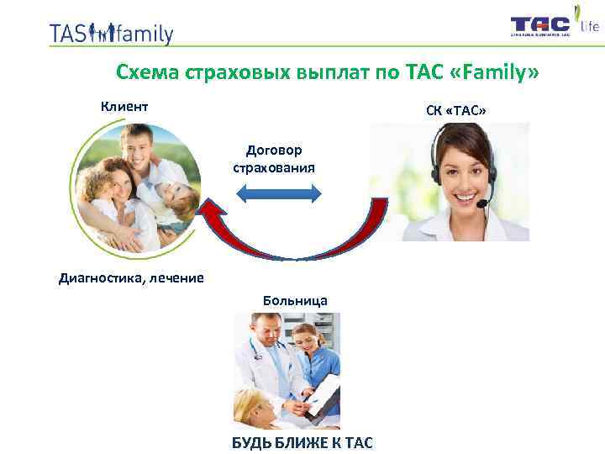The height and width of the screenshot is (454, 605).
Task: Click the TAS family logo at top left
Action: click(x=111, y=33)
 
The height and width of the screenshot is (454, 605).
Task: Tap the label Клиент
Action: click(x=124, y=107)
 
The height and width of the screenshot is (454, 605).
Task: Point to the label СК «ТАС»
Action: click(x=456, y=112)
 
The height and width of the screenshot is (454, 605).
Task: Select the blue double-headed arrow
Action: click(x=278, y=194)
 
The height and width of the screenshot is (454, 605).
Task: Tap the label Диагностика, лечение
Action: click(x=131, y=278)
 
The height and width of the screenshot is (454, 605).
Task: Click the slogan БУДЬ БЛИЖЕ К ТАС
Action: click(x=302, y=442)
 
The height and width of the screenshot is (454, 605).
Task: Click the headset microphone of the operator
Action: click(x=482, y=203)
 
